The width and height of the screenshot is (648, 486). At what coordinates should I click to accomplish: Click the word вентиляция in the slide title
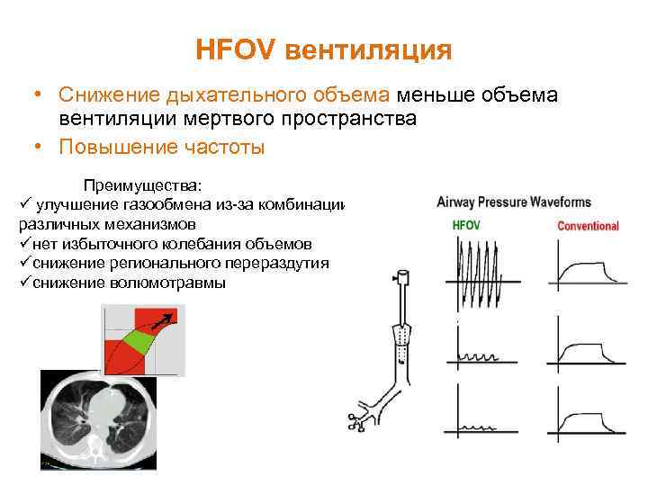(x=368, y=50)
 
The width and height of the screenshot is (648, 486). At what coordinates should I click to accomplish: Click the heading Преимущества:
(x=143, y=185)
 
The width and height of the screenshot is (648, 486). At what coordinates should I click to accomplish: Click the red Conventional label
(x=588, y=226)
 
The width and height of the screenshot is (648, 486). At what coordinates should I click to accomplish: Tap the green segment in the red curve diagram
(x=137, y=340)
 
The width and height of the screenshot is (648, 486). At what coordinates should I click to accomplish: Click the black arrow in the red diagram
(x=165, y=319)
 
